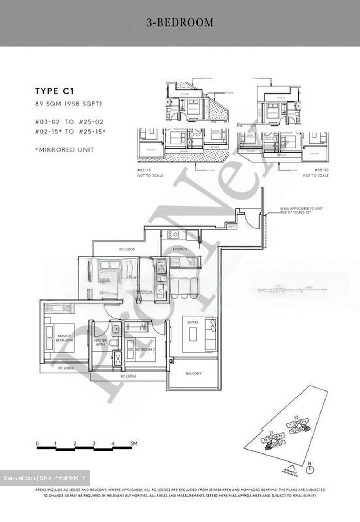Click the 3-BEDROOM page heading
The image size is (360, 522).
pyautogui.click(x=180, y=22)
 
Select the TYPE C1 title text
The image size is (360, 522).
pyautogui.click(x=54, y=91)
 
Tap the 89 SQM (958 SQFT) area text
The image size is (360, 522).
pyautogui.click(x=69, y=104)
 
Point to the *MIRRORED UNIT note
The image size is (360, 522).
pyautogui.click(x=65, y=149)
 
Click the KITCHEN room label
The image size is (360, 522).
pyautogui.click(x=179, y=249)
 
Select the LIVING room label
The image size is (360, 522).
pyautogui.click(x=193, y=322)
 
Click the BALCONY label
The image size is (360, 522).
pyautogui.click(x=193, y=373)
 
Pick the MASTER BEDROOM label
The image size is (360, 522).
pyautogui.click(x=65, y=338)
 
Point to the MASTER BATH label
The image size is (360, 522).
pyautogui.click(x=100, y=343)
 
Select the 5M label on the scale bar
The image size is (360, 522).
pyautogui.click(x=133, y=443)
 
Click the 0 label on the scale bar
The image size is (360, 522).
pyautogui.click(x=37, y=443)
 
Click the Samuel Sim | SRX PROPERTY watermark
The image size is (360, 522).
pyautogui.click(x=45, y=478)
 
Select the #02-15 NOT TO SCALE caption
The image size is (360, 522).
pyautogui.click(x=150, y=173)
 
